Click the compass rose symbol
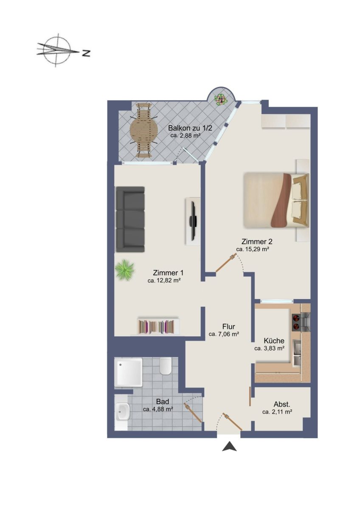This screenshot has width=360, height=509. pyautogui.click(x=57, y=50)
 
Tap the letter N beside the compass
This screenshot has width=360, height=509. pyautogui.click(x=86, y=53)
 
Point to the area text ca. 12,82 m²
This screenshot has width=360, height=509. pyautogui.click(x=164, y=280)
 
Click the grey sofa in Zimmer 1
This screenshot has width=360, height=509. pyautogui.click(x=130, y=219)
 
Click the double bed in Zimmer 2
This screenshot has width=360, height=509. pyautogui.click(x=276, y=200)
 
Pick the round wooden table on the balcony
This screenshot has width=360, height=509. pyautogui.click(x=143, y=130)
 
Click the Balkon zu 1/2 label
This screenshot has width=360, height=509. pyautogui.click(x=190, y=128)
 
